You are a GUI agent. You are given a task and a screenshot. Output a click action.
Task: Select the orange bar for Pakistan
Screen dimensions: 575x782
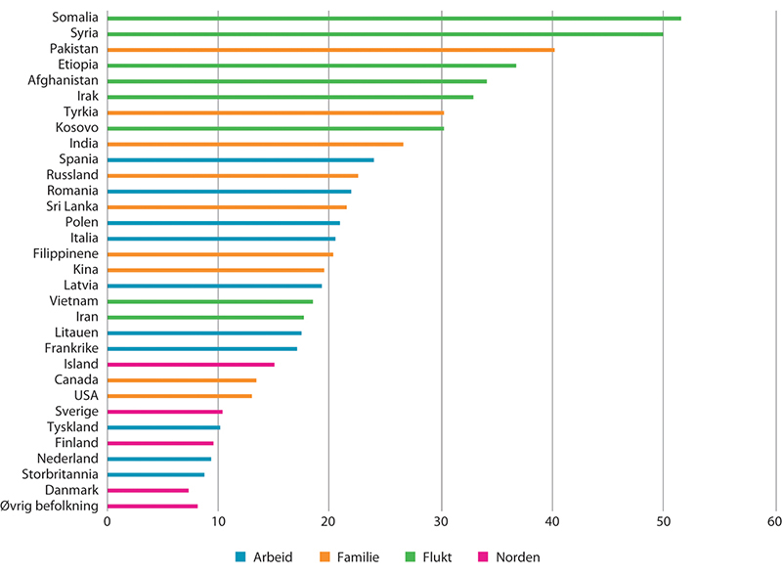329,50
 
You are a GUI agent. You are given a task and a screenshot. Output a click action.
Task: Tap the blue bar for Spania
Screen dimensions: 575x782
239,159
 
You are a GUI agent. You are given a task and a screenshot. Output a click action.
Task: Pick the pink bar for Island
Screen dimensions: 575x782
190,365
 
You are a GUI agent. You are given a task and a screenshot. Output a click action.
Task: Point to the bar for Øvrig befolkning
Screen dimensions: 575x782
152,506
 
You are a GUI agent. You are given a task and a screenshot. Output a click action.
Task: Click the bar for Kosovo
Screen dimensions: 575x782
275,128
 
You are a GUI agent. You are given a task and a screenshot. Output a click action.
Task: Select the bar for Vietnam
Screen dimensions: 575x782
209,301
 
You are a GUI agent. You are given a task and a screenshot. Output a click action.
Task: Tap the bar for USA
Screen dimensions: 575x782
179,396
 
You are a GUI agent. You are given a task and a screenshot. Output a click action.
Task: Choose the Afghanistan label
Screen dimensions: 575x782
64,81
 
